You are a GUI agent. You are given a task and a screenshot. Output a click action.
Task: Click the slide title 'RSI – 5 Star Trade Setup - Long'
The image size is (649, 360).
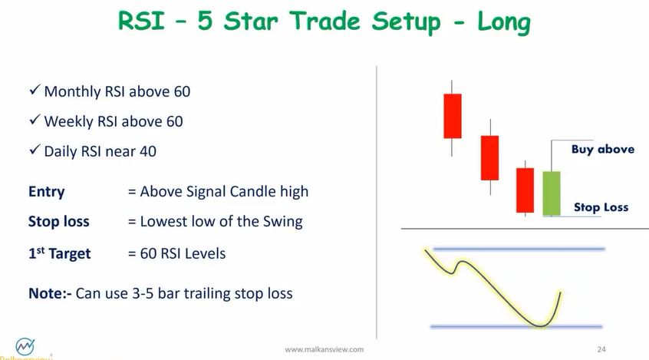[324, 21]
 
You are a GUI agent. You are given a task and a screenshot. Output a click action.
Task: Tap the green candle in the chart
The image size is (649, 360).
[552, 193]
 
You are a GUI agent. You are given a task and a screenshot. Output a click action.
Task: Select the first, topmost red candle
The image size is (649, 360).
[453, 116]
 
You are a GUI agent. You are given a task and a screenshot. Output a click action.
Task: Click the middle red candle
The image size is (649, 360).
[489, 157]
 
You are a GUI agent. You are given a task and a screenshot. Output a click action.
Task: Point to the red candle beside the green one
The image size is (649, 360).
[525, 190]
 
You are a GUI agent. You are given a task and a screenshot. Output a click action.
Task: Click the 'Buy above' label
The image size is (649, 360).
[602, 149]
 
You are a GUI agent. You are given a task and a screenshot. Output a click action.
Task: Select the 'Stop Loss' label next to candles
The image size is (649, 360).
[601, 207]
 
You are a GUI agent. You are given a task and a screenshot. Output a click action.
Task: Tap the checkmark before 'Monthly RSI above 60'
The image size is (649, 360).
[35, 91]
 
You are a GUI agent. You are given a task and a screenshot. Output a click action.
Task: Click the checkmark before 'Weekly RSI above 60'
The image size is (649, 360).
[35, 121]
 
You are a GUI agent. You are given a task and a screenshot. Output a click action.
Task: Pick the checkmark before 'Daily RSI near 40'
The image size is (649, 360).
[35, 150]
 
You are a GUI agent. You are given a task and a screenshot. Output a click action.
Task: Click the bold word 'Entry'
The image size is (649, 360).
[47, 192]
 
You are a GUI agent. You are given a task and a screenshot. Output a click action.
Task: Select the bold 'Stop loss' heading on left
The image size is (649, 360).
[59, 222]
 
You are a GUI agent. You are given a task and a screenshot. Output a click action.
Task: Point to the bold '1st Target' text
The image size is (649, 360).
[59, 253]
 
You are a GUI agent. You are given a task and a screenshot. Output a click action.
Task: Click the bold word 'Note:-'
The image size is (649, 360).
[50, 293]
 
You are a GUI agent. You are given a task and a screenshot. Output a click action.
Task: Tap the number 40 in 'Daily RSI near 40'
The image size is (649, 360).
[147, 151]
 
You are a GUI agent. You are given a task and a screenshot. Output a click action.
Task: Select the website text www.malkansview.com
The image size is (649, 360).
[324, 350]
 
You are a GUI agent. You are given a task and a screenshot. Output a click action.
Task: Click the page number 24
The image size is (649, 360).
[601, 350]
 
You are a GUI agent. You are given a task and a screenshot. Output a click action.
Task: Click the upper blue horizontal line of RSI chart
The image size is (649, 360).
[519, 249]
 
